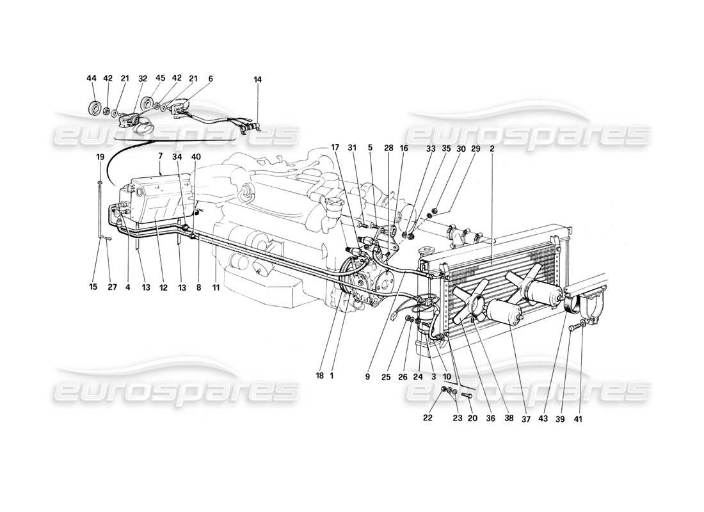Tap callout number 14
(x=258, y=79)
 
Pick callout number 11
(x=216, y=288)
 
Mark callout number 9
(x=367, y=377)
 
